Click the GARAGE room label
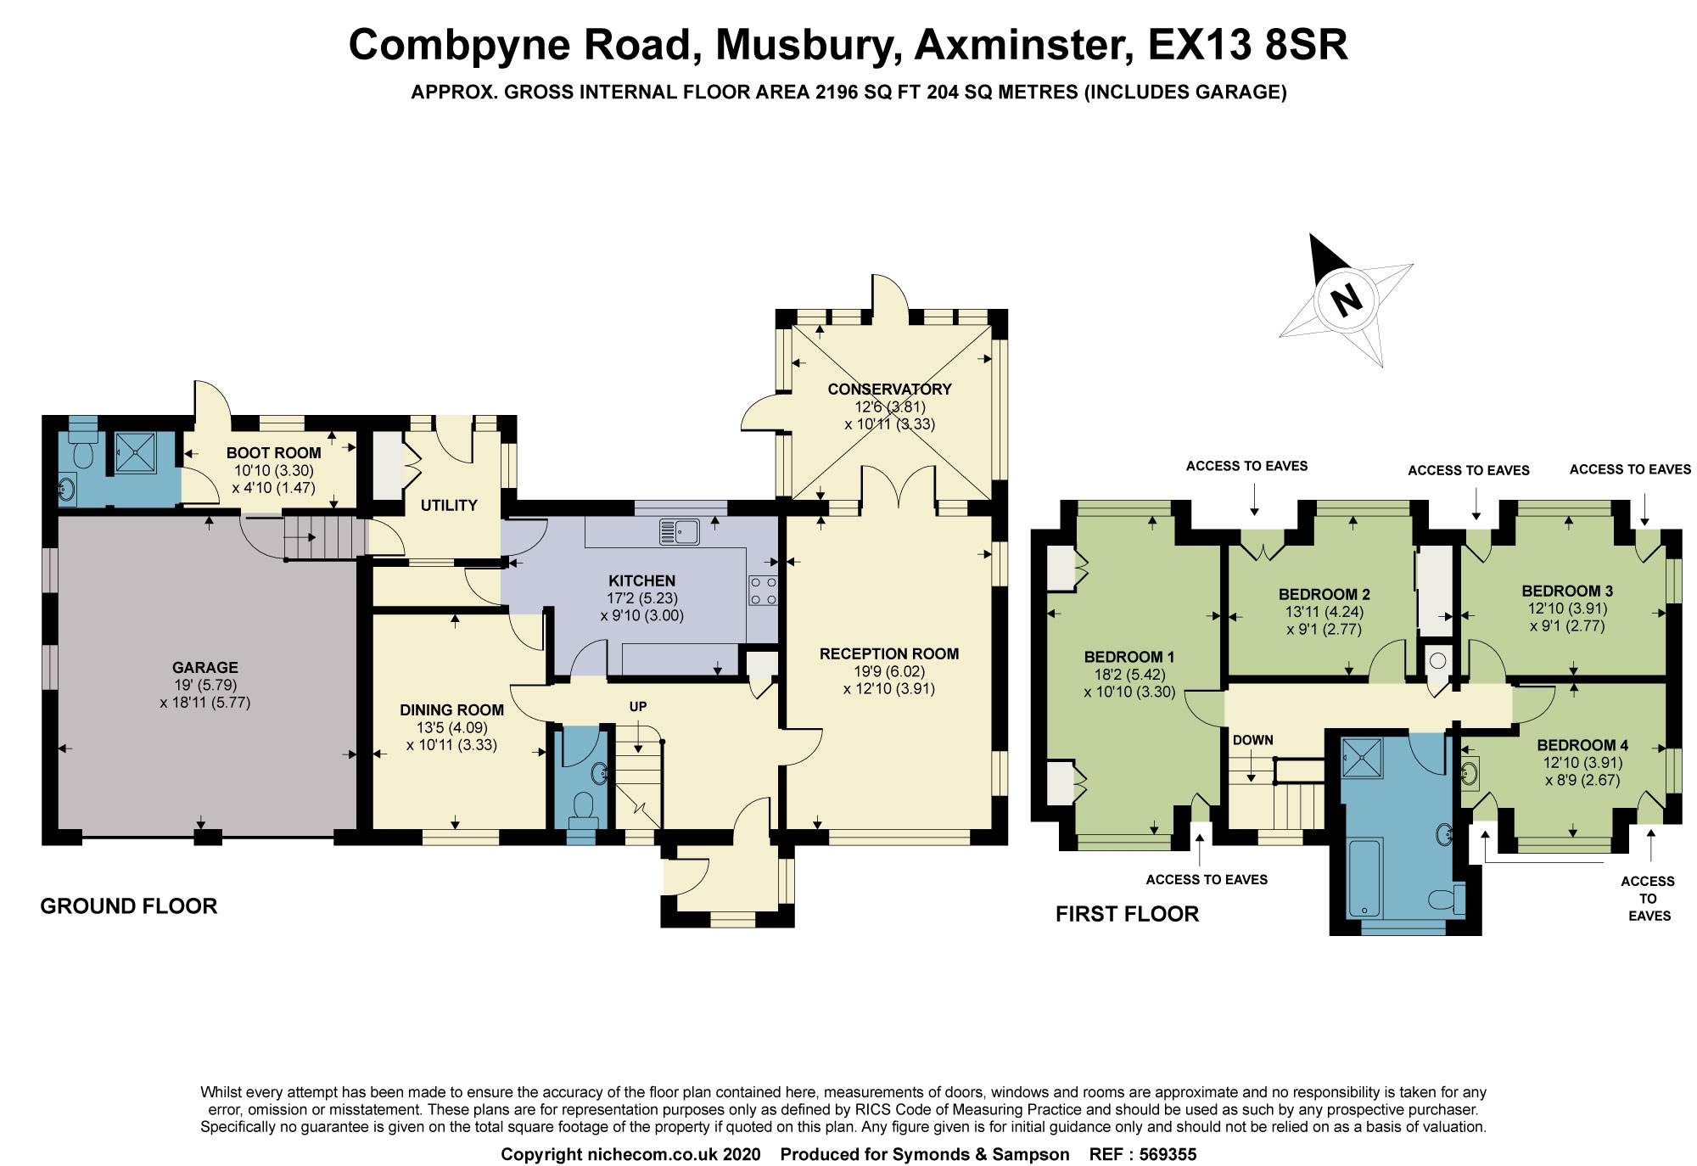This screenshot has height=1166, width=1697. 204,668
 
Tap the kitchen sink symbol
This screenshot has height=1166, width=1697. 679,532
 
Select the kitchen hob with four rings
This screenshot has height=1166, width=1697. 763,591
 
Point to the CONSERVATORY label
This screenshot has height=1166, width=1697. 889,390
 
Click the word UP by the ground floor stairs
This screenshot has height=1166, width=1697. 638,707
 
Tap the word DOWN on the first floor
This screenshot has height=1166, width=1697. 1252,740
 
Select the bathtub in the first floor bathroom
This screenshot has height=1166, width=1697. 1365,877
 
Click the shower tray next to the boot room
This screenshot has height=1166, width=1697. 136,452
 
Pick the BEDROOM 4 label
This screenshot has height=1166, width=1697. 1582,745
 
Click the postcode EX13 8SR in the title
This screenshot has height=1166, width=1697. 1247,45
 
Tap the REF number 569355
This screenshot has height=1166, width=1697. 1168,1154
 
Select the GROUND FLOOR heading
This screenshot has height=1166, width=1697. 129,906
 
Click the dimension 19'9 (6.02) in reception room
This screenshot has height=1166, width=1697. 889,671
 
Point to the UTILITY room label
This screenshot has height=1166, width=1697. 449,506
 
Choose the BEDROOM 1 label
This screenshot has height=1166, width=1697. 1129,657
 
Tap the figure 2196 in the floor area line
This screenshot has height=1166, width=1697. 837,92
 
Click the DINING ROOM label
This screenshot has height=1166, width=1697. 451,710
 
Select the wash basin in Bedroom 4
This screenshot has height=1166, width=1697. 1470,772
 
